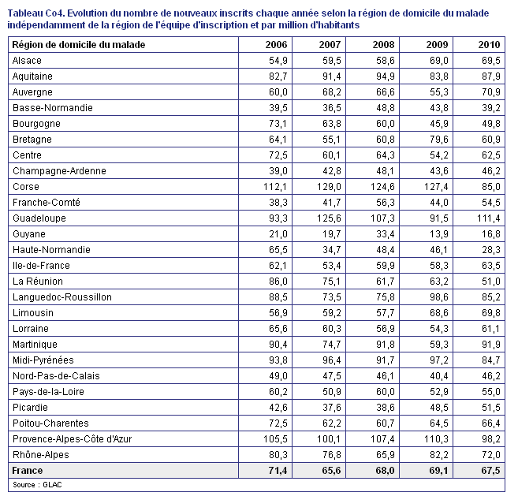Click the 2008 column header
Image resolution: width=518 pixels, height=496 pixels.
tap(383, 45)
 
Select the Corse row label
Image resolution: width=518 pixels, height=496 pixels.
tap(26, 187)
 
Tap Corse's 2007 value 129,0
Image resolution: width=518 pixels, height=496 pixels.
tap(329, 187)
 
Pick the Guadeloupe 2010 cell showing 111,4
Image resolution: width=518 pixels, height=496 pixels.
tap(488, 218)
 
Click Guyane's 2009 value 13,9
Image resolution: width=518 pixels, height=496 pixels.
tap(438, 234)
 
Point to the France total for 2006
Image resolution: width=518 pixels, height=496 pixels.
tap(278, 470)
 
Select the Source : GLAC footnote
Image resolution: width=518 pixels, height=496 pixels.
tap(37, 485)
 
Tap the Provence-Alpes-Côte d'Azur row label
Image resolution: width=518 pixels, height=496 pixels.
tap(72, 439)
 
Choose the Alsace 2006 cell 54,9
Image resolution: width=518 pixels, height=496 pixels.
tap(278, 61)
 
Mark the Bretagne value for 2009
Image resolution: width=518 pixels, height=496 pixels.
tap(438, 140)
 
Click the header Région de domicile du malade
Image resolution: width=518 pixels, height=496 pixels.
tap(79, 45)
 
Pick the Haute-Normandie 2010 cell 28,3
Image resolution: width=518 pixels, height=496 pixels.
tap(491, 250)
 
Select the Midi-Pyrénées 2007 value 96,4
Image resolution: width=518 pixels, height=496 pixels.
tap(331, 360)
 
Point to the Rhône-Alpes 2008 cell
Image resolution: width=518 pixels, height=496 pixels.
tap(386, 455)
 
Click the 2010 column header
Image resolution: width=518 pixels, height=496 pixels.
tap(490, 45)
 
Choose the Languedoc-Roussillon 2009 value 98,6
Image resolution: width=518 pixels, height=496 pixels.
tap(438, 297)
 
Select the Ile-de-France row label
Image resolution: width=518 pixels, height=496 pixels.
tap(41, 266)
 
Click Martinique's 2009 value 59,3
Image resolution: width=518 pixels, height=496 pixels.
tap(438, 345)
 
